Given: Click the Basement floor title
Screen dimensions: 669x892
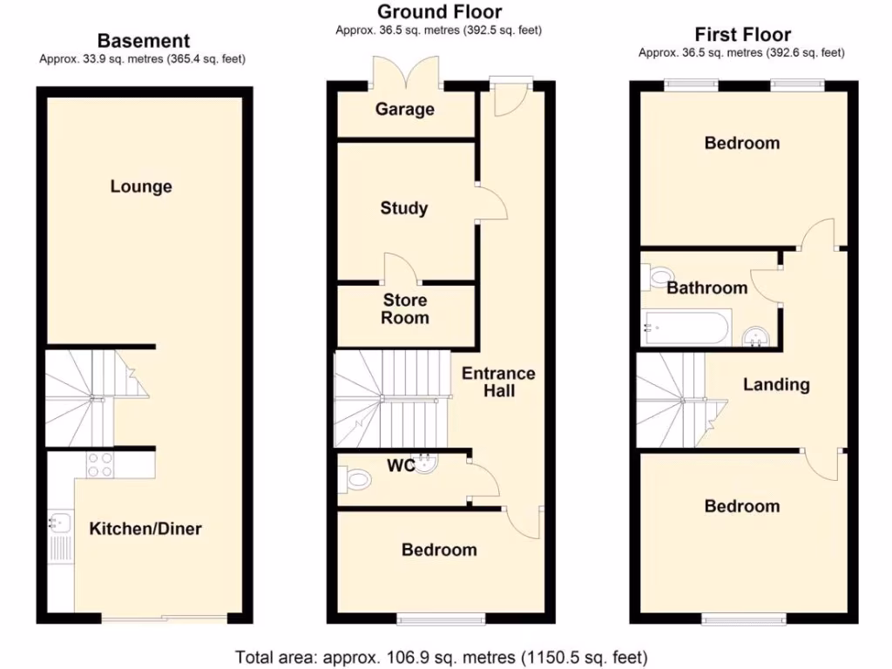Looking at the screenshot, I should tap(144, 40).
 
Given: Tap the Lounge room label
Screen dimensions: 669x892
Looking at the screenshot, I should tap(141, 186).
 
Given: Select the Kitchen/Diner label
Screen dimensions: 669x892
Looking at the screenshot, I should tap(145, 528).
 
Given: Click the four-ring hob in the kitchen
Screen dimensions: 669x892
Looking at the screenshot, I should tap(98, 464).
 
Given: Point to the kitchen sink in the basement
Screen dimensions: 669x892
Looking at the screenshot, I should tap(59, 523).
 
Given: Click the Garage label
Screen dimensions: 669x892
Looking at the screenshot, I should tap(404, 110).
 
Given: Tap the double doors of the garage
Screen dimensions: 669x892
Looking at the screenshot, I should tap(404, 72).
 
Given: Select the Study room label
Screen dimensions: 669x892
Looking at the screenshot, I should tap(404, 208).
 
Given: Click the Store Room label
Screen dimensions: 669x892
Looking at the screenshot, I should tap(405, 309).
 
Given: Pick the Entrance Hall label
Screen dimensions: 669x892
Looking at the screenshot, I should tap(498, 382).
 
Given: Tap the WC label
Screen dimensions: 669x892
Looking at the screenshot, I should tap(401, 466).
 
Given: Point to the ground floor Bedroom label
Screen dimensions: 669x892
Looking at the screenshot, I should tap(439, 550).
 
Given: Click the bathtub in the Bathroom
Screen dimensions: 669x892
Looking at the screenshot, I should tap(684, 328).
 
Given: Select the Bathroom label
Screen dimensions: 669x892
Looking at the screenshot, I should tap(706, 287).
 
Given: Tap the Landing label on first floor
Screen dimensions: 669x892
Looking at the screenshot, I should tap(776, 384).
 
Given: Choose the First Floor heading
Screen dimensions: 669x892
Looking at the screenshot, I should tap(742, 35).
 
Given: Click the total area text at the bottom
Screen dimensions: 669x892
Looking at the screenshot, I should tap(442, 656).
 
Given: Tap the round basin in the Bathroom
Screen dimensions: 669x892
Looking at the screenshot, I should tap(755, 337).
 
